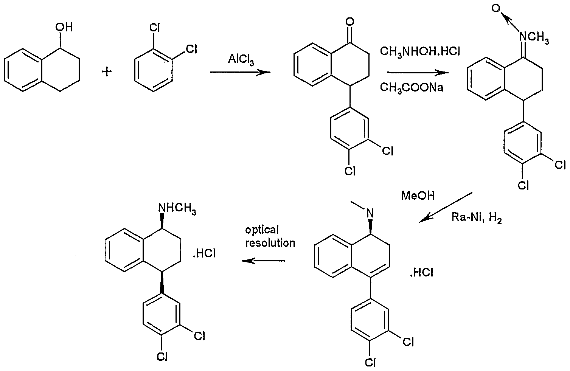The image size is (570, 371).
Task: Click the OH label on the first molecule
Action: pos(64,27)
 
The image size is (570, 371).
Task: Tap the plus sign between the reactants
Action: pos(107,72)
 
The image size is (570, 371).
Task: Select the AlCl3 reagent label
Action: pos(241,60)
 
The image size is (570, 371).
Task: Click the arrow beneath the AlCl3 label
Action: pos(241,72)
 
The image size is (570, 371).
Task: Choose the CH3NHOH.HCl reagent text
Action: pos(420,52)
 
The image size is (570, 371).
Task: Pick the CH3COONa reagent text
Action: pos(412,87)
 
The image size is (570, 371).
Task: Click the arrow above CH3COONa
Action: pos(418,73)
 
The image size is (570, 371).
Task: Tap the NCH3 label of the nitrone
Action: pos(534,38)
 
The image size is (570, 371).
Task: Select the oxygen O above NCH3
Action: pos(496,9)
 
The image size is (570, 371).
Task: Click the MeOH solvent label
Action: pos(418,196)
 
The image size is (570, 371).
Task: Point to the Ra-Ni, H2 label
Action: pos(477,218)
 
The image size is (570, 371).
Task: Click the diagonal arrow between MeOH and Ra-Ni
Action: pos(446,207)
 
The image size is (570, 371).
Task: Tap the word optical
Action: pos(262,230)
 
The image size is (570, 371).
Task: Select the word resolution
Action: pos(270,243)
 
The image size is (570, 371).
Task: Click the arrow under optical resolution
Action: pos(263,261)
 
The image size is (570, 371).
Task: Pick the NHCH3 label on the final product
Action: pos(177,209)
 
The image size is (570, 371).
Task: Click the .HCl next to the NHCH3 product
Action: pos(204,253)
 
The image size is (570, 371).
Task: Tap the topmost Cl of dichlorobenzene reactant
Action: pos(154,28)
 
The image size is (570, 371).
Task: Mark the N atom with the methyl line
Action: pos(370,213)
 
